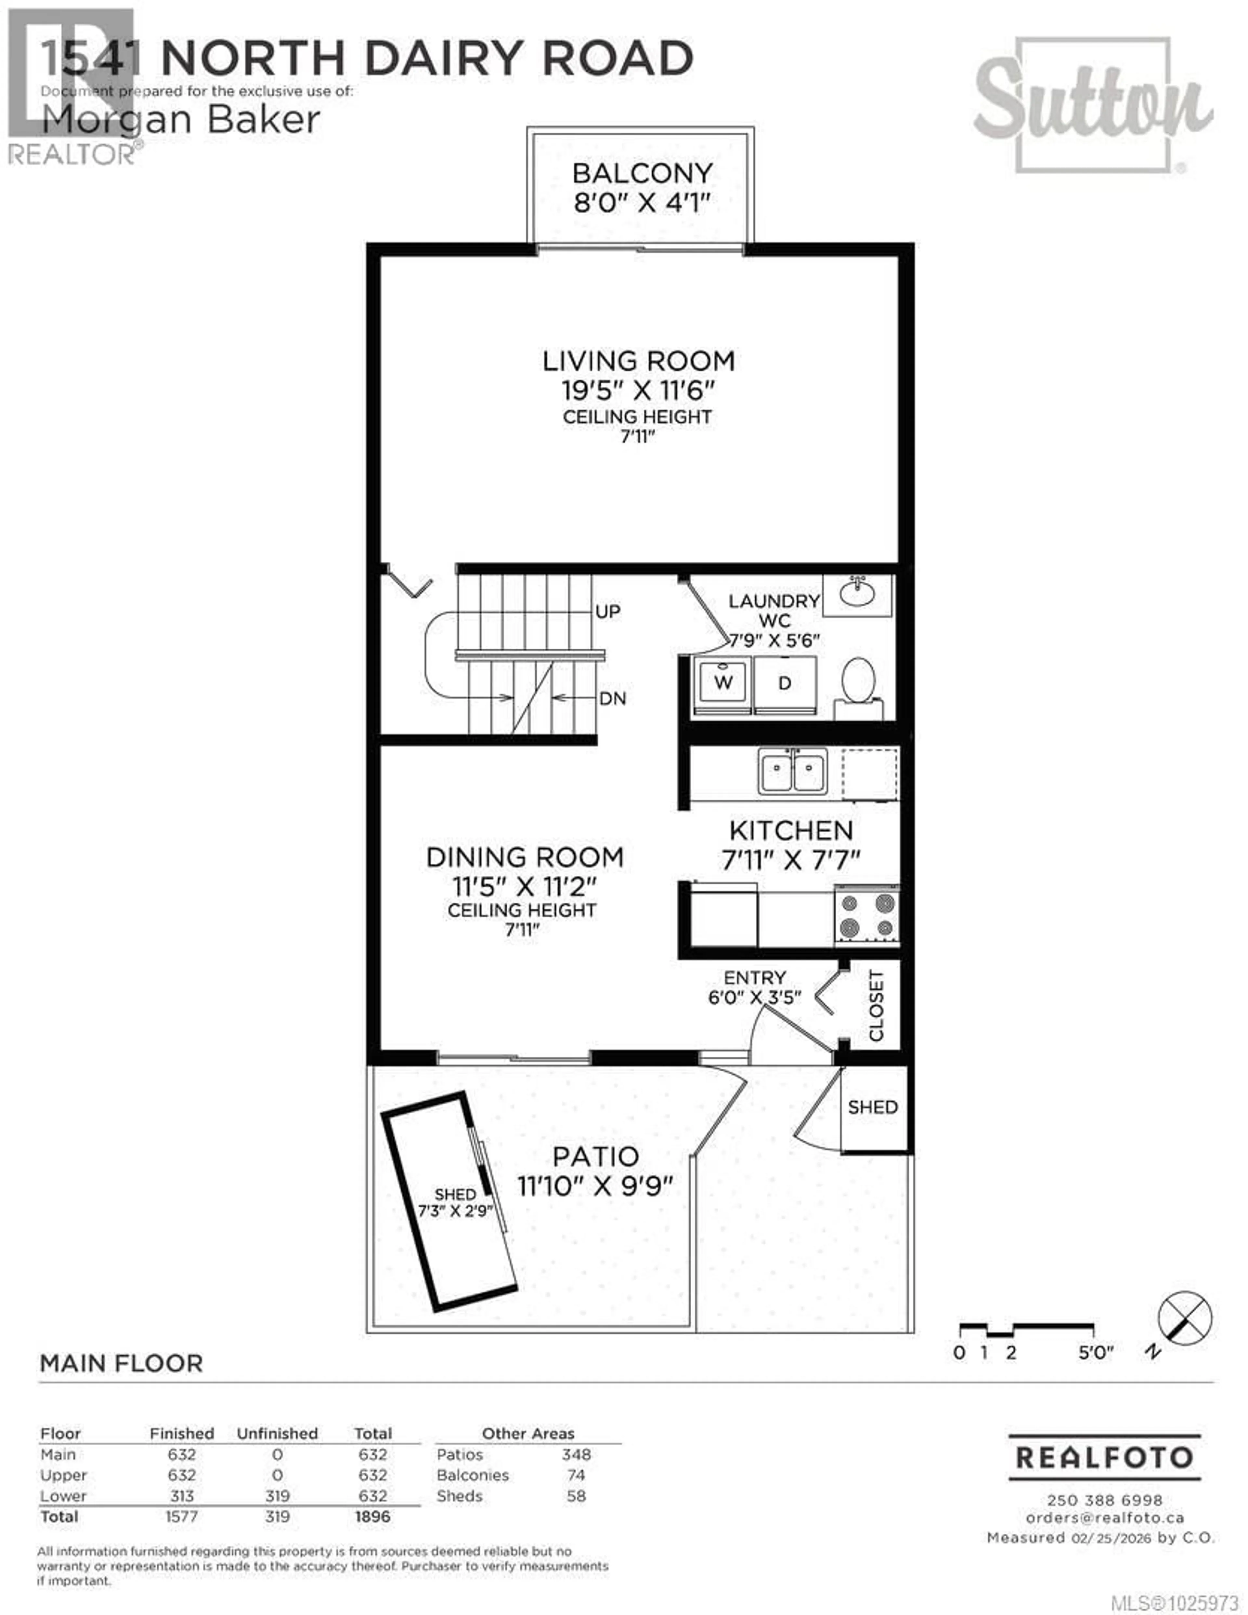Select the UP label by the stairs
tap(608, 612)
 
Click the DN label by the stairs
tap(612, 698)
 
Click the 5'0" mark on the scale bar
tap(1095, 1353)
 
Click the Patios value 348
tap(576, 1454)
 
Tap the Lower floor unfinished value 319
tap(277, 1496)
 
